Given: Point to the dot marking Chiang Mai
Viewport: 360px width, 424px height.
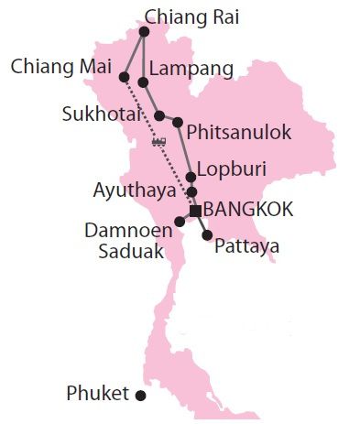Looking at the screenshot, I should (124, 77).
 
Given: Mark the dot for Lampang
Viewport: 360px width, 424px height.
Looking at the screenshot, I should (144, 83).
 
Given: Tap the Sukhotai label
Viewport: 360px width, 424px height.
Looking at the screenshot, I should (102, 115).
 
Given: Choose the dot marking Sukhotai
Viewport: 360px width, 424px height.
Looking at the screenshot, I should (159, 116).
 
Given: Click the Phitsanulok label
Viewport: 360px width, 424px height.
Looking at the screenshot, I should (238, 133).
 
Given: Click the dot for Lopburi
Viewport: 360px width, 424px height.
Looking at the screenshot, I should (191, 177).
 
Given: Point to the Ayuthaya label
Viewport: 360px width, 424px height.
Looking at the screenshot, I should (138, 191).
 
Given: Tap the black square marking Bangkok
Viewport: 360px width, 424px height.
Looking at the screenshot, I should (195, 211).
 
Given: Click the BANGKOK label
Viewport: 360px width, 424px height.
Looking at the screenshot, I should (248, 210).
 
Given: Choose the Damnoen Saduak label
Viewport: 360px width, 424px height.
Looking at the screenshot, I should (129, 241).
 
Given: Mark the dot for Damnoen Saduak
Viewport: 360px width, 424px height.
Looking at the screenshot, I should (180, 222).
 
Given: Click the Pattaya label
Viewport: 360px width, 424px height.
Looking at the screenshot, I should (245, 246).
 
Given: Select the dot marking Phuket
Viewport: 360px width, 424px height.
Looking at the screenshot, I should (141, 396).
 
